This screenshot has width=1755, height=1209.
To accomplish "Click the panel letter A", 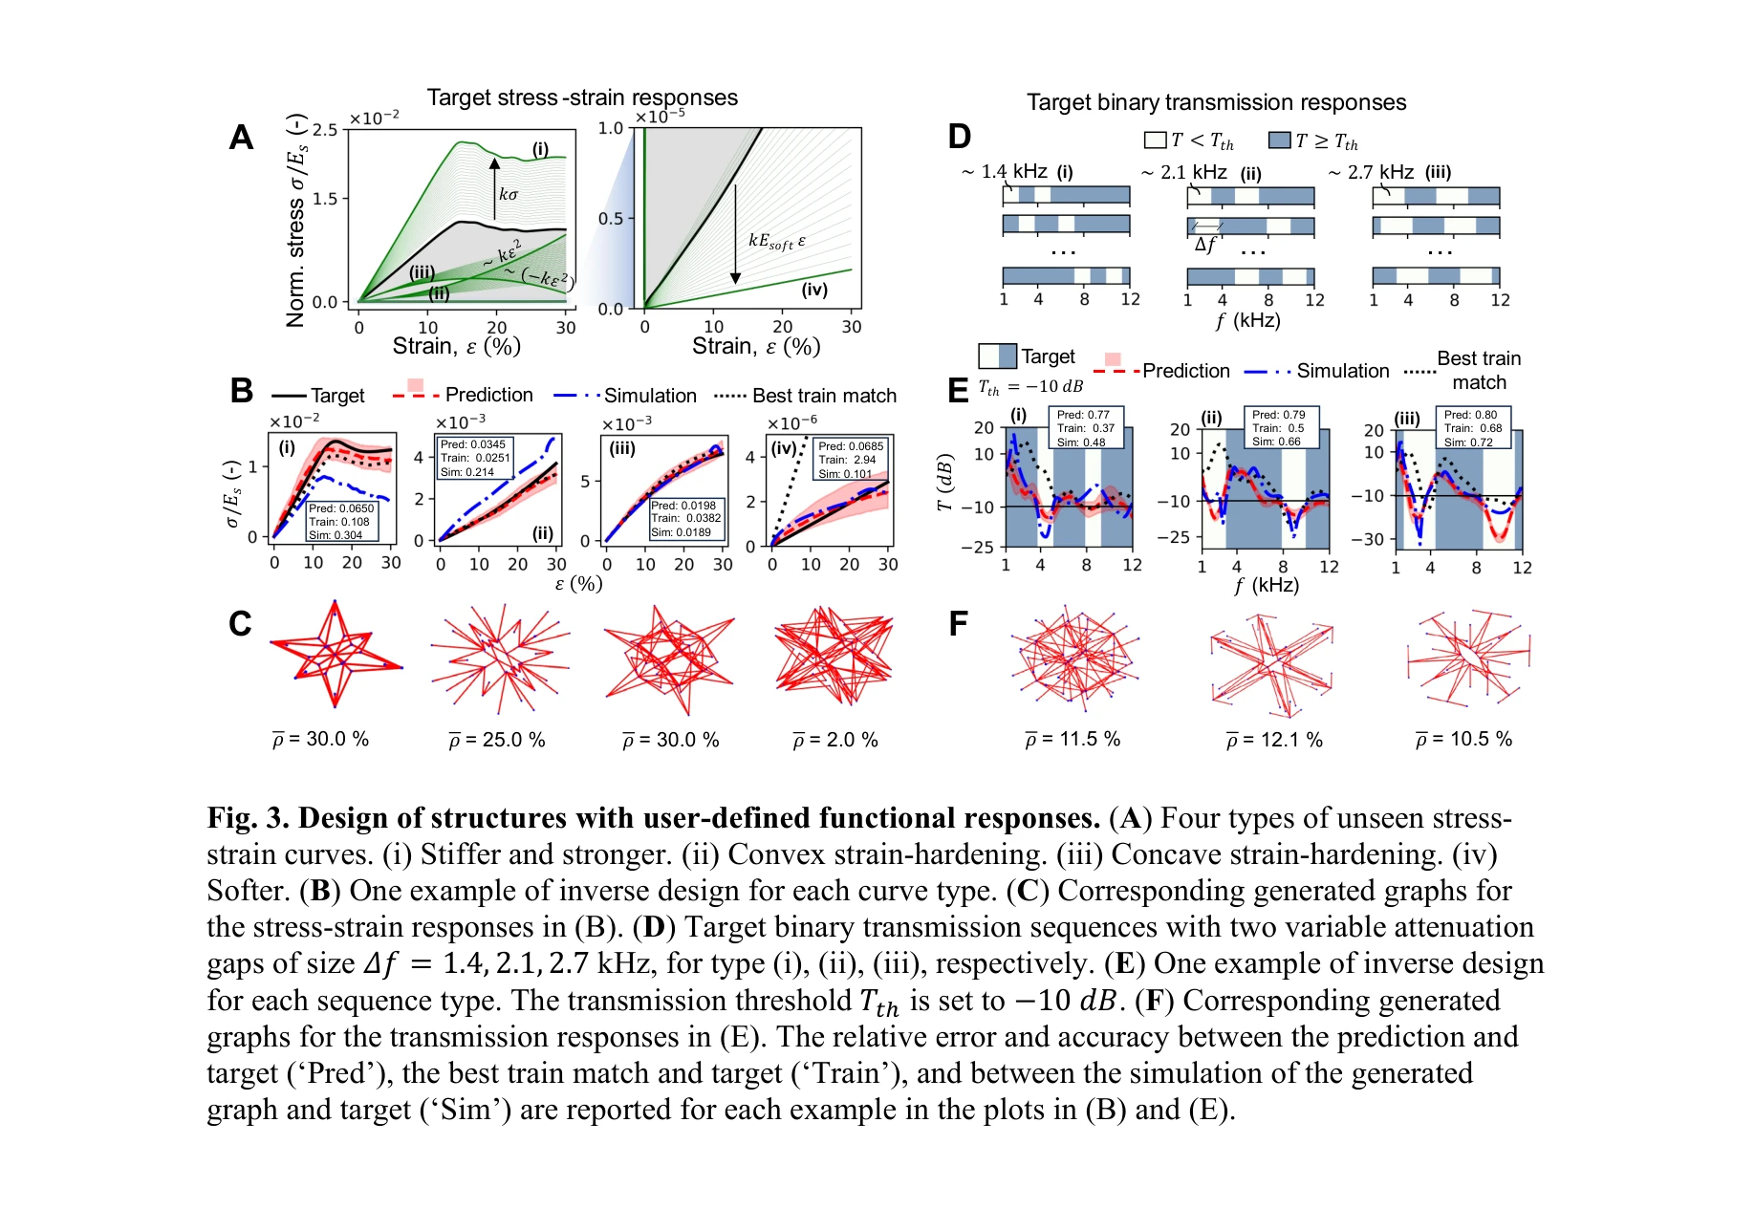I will coord(242,139).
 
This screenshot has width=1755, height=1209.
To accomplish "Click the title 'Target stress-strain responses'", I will coord(582,97).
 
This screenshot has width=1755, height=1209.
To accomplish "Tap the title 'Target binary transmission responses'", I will coord(1216,102).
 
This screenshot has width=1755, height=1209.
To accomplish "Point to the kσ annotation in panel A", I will coord(508,194).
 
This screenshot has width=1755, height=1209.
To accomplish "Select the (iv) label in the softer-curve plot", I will coord(814,290).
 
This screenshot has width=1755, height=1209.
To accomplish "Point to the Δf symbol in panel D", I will coord(1205,244).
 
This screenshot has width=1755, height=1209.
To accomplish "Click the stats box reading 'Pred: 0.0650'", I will coord(341,522).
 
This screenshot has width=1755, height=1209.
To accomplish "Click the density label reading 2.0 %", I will coord(835,740).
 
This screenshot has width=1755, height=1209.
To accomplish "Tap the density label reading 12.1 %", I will coord(1274,740).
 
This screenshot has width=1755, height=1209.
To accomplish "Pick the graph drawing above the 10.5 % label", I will coord(1468,657).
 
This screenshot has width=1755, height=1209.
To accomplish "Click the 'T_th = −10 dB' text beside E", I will coord(1030,387).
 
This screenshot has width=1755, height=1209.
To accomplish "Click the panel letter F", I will coord(958,624).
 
